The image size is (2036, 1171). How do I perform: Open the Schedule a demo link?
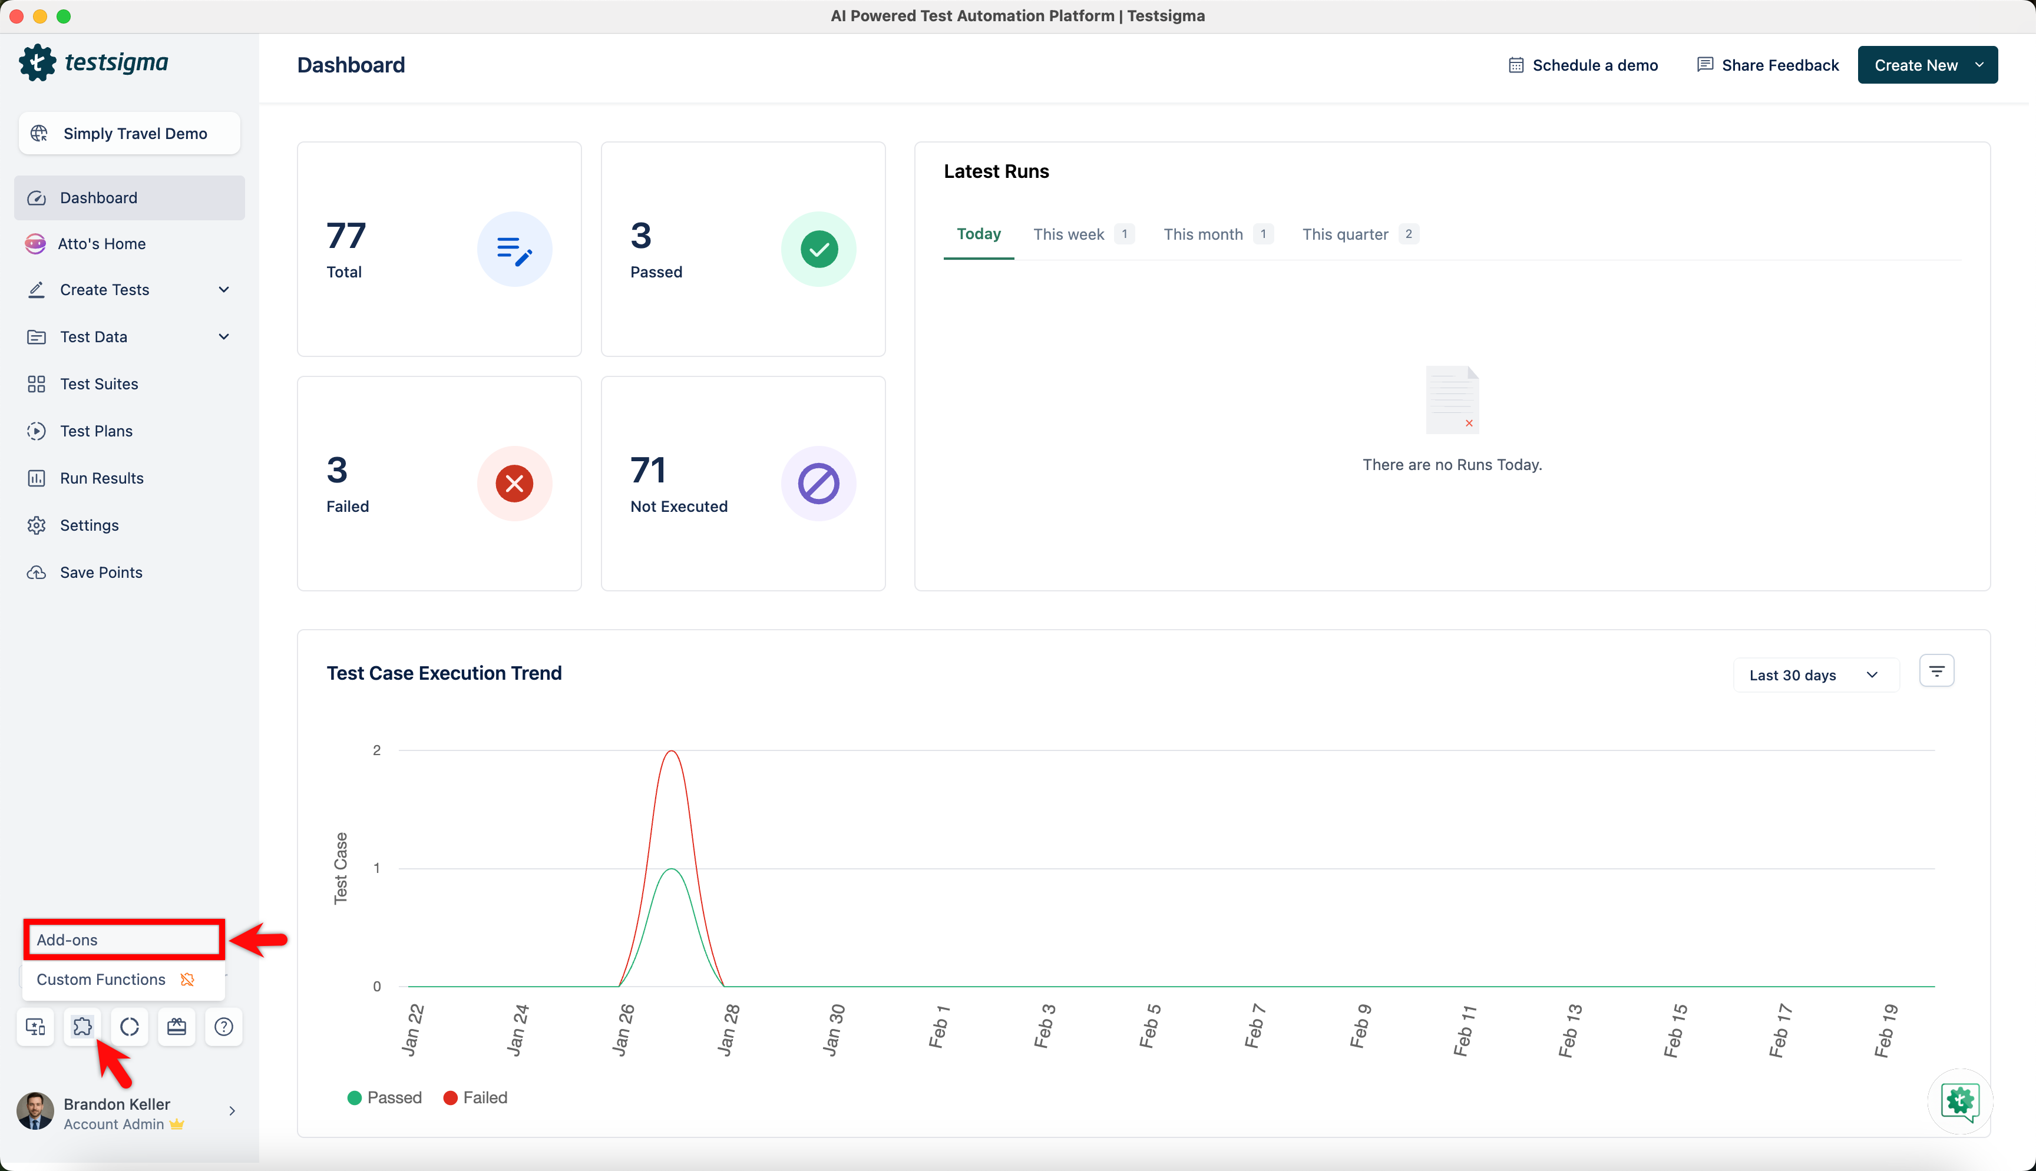pyautogui.click(x=1582, y=65)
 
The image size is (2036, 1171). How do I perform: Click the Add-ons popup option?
pyautogui.click(x=124, y=940)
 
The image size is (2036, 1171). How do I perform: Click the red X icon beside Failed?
pyautogui.click(x=515, y=484)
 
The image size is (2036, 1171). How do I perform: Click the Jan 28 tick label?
pyautogui.click(x=727, y=1030)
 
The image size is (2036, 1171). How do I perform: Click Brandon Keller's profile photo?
pyautogui.click(x=35, y=1111)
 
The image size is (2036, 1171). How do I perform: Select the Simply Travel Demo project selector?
pyautogui.click(x=130, y=134)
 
